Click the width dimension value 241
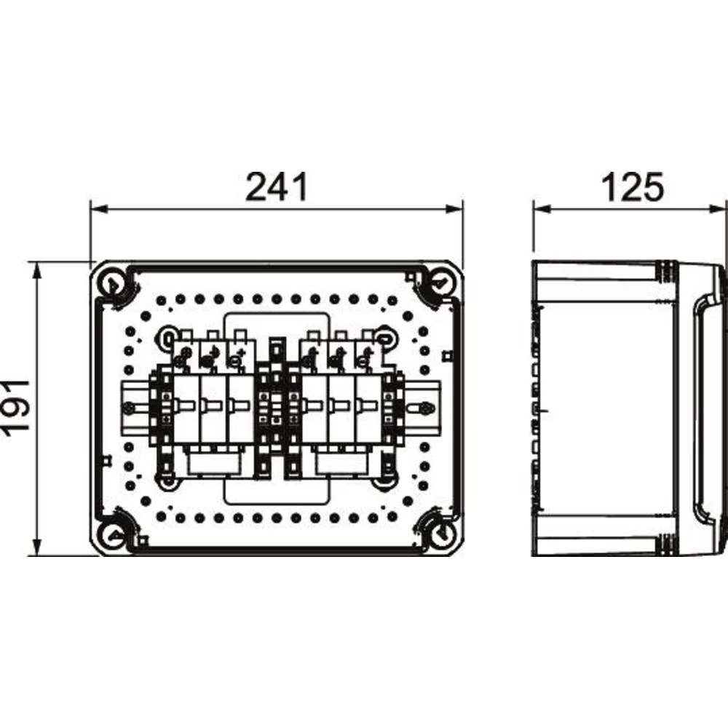click(x=276, y=187)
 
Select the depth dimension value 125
click(x=632, y=187)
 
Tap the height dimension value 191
click(x=16, y=407)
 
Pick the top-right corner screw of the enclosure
click(x=439, y=282)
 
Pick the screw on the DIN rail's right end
click(x=422, y=411)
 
